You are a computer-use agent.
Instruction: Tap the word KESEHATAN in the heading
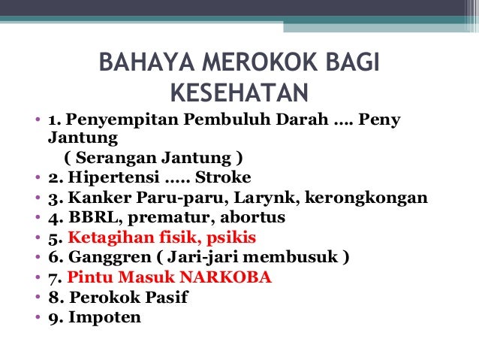tap(239, 93)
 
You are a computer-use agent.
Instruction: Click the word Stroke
tap(225, 178)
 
